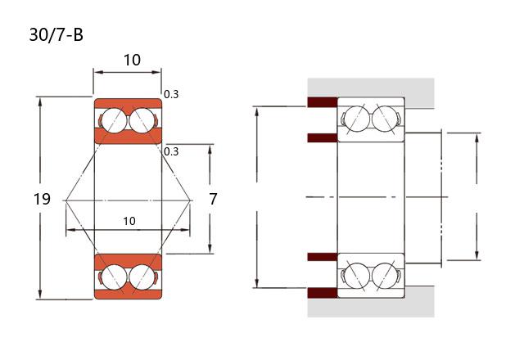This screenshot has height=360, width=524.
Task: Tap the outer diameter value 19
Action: tap(43, 199)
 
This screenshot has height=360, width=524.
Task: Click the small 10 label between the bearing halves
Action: tap(129, 221)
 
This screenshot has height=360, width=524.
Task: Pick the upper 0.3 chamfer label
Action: tap(171, 94)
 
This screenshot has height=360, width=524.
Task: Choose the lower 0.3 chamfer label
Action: tap(171, 151)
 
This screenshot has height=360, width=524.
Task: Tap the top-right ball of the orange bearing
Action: tap(142, 120)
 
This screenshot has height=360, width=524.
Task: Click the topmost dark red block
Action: tap(323, 102)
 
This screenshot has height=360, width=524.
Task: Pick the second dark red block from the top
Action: tap(323, 137)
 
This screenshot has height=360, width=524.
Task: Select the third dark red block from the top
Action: tap(323, 257)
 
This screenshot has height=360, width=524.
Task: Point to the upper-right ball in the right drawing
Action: tap(384, 119)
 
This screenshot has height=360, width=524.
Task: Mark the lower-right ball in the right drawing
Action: tap(384, 274)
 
